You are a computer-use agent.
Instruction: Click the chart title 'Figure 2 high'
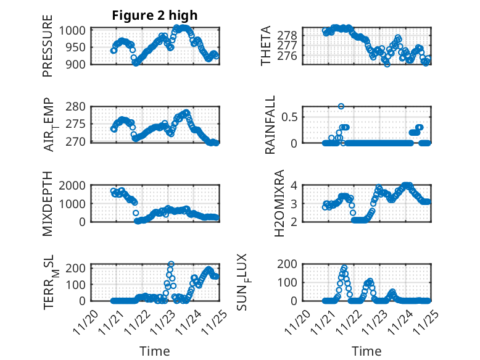(x=154, y=16)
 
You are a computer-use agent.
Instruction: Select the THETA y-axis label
(x=266, y=46)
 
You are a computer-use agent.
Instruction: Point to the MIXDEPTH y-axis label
(x=48, y=203)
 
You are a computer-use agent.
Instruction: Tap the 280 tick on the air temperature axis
(x=79, y=107)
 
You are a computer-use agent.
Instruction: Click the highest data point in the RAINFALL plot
(x=341, y=106)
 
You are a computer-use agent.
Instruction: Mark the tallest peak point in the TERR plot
(x=171, y=264)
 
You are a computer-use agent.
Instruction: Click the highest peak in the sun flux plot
(x=344, y=268)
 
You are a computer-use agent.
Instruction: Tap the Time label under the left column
(x=154, y=351)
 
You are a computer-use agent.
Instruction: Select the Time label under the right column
(x=366, y=351)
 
